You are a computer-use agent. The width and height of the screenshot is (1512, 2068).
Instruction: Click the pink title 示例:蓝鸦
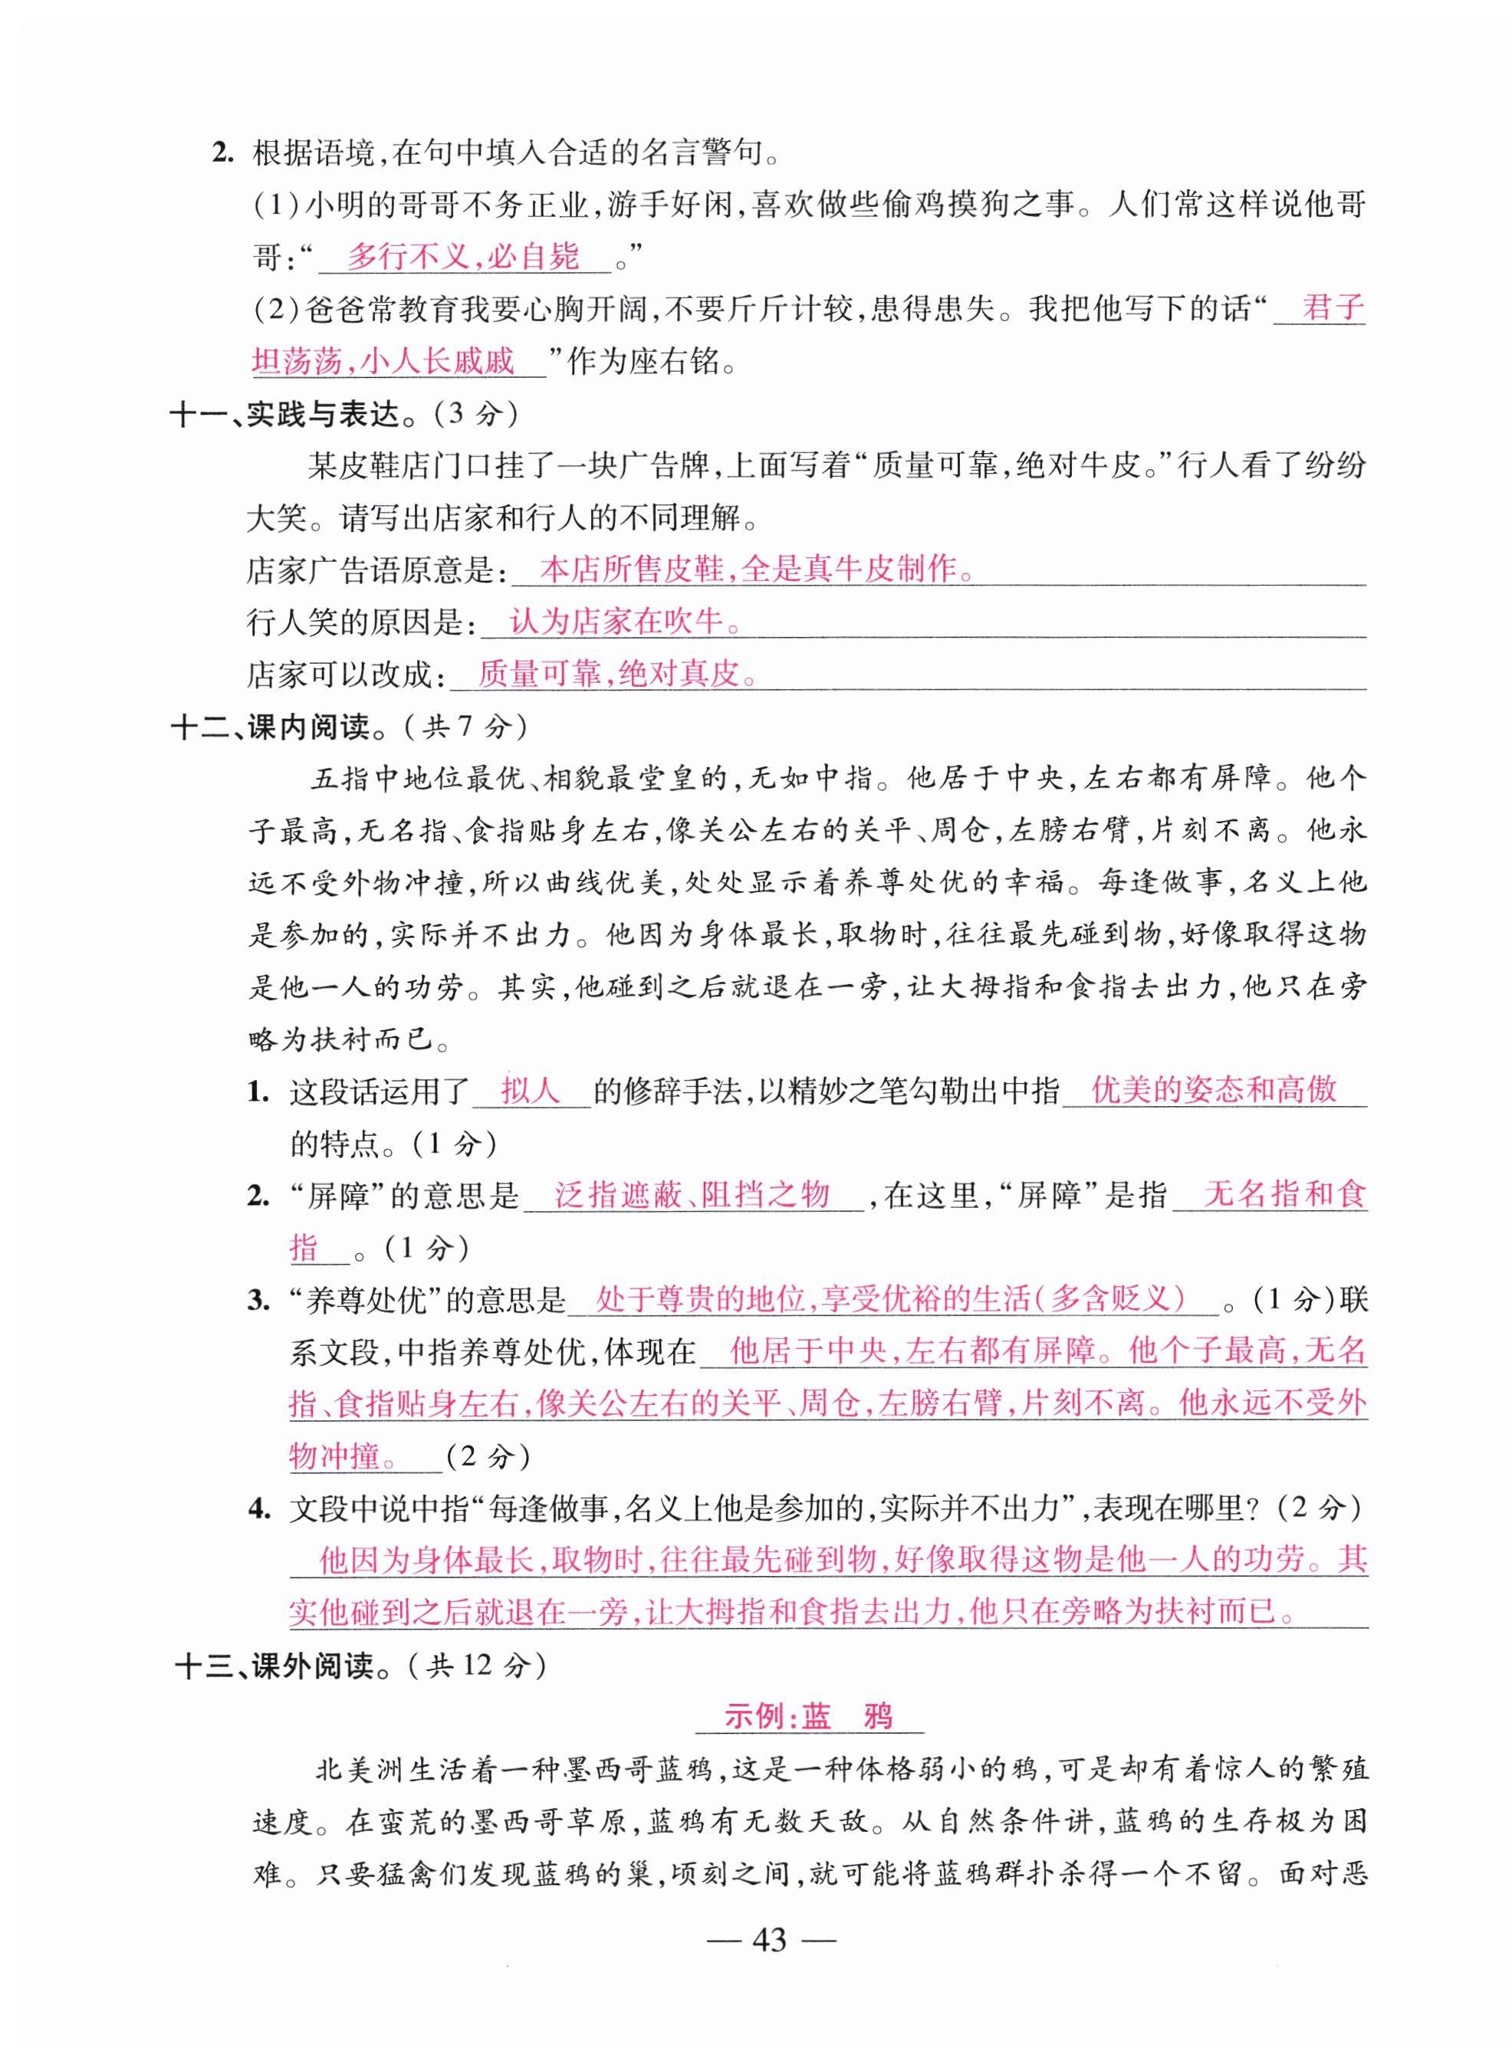pyautogui.click(x=809, y=1718)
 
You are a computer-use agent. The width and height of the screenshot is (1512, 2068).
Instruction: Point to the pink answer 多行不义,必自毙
pyautogui.click(x=463, y=257)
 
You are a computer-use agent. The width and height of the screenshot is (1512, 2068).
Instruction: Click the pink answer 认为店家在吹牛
pyautogui.click(x=624, y=622)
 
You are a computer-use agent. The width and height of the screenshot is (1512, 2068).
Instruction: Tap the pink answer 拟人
pyautogui.click(x=530, y=1091)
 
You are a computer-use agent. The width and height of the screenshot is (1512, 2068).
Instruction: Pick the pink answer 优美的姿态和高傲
pyautogui.click(x=1214, y=1091)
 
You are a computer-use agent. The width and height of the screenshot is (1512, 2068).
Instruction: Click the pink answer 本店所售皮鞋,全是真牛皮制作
pyautogui.click(x=756, y=570)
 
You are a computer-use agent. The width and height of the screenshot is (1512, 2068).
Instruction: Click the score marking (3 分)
pyautogui.click(x=476, y=415)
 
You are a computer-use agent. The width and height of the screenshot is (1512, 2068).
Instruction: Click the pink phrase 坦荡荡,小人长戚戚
pyautogui.click(x=384, y=363)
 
